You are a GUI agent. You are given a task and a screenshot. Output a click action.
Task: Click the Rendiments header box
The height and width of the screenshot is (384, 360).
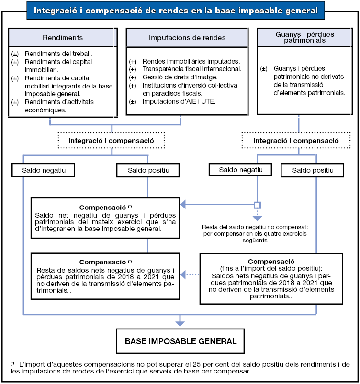63,38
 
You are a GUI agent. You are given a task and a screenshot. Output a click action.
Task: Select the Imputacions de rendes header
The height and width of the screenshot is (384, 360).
187,38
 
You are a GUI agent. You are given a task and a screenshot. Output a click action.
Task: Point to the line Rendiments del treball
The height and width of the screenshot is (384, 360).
58,54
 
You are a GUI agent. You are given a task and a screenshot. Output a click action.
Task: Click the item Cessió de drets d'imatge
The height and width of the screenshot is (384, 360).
180,77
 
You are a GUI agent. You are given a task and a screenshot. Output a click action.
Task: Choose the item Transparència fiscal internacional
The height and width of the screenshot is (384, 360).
192,69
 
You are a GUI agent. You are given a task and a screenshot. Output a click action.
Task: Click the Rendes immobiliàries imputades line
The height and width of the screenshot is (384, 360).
191,61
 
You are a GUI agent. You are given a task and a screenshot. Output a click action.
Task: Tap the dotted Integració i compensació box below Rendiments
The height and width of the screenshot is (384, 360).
111,141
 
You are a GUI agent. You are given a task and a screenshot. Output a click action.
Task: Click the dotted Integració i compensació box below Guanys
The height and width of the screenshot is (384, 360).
296,141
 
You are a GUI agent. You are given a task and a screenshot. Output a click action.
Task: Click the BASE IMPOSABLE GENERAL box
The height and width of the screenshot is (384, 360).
180,341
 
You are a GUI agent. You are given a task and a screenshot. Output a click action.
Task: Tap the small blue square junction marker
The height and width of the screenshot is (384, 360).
257,205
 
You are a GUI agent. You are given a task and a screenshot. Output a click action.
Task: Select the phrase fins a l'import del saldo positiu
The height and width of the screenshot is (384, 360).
271,268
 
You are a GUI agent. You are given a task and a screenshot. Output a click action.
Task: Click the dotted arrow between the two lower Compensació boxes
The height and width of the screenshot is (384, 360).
191,274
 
